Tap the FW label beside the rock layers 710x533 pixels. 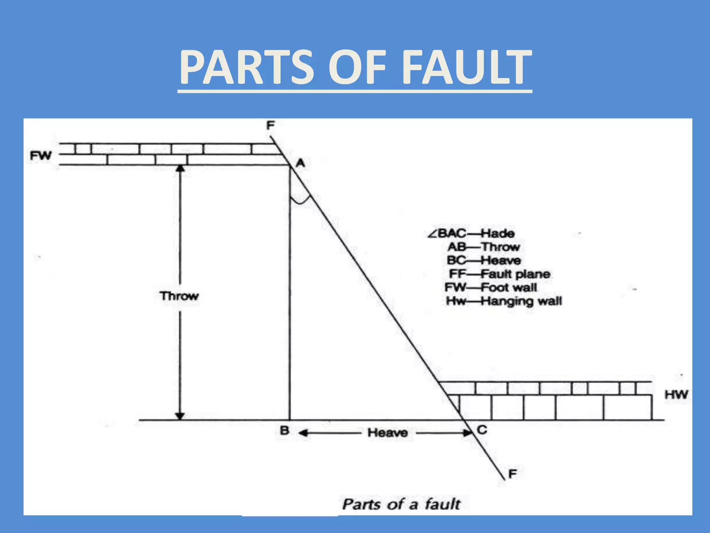point(41,156)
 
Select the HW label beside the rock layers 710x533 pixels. point(676,395)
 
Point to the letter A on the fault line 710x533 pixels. point(301,163)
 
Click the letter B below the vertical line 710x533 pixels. point(284,431)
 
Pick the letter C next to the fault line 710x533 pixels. point(482,430)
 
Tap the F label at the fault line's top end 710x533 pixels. point(270,125)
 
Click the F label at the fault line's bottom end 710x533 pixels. point(512,474)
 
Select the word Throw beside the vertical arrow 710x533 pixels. point(179,296)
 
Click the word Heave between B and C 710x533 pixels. point(388,433)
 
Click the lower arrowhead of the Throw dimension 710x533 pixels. point(180,416)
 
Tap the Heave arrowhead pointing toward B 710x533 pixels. point(303,433)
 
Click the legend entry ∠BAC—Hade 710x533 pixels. point(471,233)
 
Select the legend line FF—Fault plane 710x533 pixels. point(499,274)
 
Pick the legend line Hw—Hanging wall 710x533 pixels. point(503,301)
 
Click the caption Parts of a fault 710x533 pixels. point(401,504)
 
